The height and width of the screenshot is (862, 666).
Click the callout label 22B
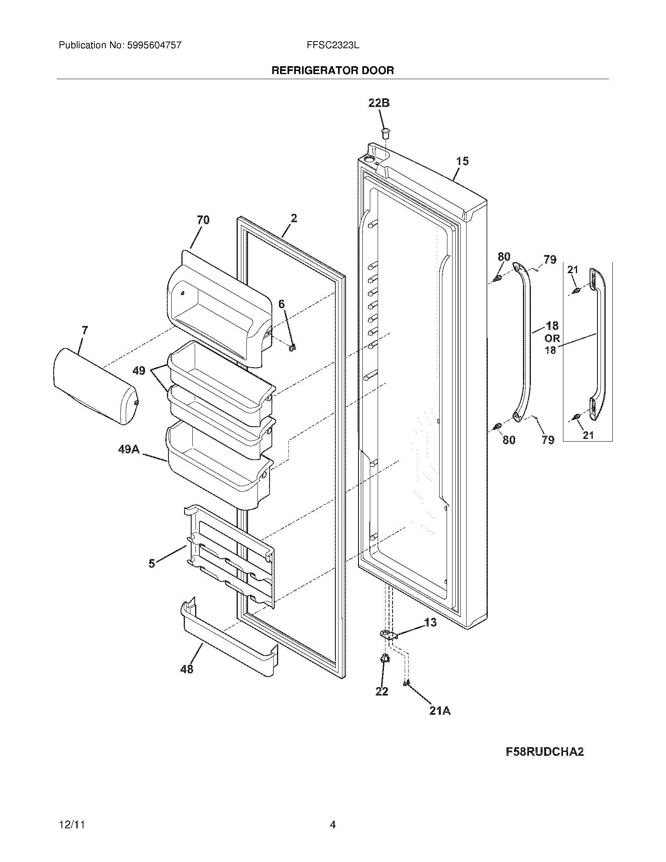coord(379,103)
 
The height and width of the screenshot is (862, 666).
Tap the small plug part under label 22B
coord(385,132)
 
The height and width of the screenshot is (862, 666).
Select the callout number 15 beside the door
coord(462,161)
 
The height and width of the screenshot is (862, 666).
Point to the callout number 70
coord(203,220)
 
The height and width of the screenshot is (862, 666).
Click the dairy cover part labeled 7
coord(95,387)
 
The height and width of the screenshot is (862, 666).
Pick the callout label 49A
coord(129,449)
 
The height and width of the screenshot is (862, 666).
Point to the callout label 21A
coord(440,711)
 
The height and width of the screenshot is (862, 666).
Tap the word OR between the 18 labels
coord(552,338)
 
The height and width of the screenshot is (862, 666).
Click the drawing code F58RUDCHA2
coord(545,752)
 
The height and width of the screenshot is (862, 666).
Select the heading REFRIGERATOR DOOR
coord(333,71)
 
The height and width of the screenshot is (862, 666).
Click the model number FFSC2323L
coord(333,45)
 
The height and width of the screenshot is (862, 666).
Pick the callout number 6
coord(281,304)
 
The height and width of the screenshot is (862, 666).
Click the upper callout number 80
coord(503,257)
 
